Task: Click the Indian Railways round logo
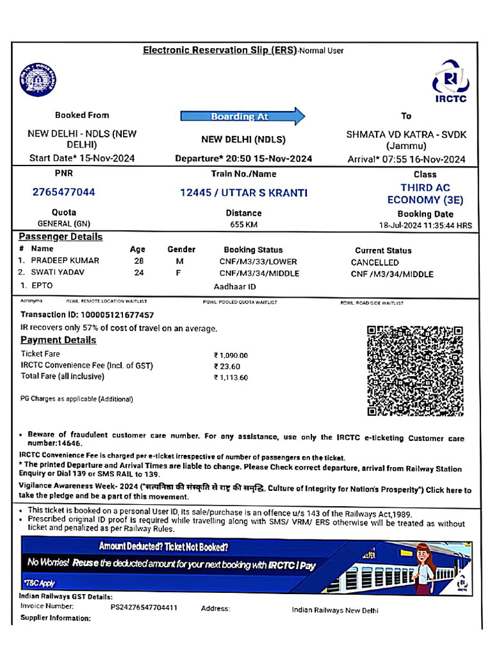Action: pos(38,80)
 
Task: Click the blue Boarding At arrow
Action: pos(243,116)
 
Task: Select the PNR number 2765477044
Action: pos(64,192)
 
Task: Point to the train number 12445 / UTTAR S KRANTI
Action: pos(243,192)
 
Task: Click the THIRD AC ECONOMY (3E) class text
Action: pos(425,194)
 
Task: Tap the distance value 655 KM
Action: pos(243,225)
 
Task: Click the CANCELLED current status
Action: pos(375,262)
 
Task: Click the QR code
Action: pos(414,371)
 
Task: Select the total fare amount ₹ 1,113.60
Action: pos(231,378)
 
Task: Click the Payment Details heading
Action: pos(58,340)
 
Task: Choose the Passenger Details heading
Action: pos(60,237)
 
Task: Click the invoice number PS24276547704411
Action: pos(144,607)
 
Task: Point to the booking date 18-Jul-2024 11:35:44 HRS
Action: pos(425,226)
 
